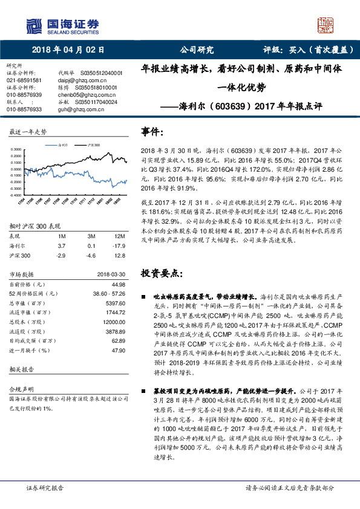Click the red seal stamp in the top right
[324, 25]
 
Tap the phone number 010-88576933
[24, 109]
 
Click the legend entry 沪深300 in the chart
[93, 146]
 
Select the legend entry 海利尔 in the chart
[65, 146]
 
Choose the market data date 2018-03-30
[110, 274]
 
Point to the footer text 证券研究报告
[45, 487]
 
